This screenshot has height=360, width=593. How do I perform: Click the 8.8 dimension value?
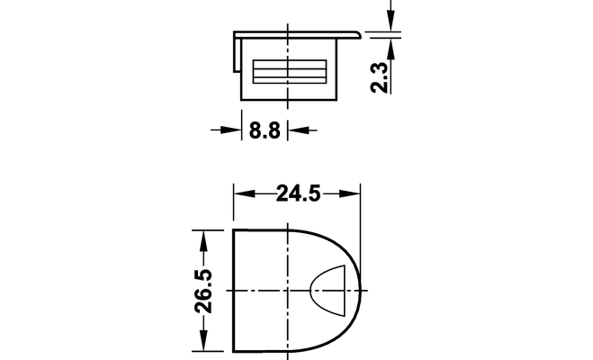point(265,130)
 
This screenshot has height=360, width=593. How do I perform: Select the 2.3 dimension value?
point(380,77)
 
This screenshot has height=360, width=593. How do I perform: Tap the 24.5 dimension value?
point(299,193)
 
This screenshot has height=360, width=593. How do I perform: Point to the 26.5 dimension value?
point(203,291)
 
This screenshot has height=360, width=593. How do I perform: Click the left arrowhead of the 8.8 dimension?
point(231,130)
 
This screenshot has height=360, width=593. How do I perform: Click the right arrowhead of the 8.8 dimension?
point(298,130)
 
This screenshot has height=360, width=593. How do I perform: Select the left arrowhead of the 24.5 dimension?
point(245,193)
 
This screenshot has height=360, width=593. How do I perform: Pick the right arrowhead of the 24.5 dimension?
point(350,193)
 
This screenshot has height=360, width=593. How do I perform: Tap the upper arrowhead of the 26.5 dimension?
point(203,240)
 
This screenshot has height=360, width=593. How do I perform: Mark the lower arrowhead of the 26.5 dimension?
point(203,341)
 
